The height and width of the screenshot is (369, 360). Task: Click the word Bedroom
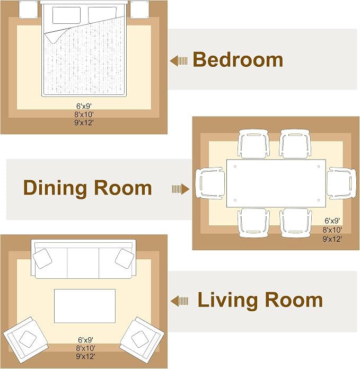click(238, 60)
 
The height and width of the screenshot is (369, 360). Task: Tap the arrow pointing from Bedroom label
click(179, 61)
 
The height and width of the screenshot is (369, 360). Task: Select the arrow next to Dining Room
click(180, 189)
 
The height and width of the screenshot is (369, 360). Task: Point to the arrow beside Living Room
click(179, 301)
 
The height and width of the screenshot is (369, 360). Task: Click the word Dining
click(55, 188)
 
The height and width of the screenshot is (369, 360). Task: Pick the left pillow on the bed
click(66, 15)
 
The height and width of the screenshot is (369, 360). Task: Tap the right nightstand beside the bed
click(140, 10)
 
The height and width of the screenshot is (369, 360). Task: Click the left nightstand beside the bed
click(28, 10)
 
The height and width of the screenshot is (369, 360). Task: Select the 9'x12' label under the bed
click(84, 122)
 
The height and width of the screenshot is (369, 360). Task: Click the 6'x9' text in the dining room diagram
click(332, 221)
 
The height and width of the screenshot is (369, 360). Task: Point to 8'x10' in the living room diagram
click(85, 348)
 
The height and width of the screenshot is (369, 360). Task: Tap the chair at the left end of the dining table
click(209, 183)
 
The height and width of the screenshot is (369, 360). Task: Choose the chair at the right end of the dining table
click(341, 183)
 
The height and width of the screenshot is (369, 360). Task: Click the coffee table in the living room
click(85, 306)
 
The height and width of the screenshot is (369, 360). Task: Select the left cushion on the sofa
click(42, 258)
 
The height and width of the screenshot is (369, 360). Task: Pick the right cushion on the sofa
click(125, 258)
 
